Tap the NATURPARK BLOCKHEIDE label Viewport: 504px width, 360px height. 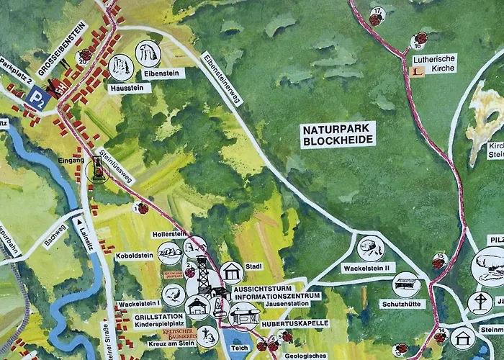click(338, 135)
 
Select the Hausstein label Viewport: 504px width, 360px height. click(130, 88)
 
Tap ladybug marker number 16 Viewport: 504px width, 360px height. click(420, 39)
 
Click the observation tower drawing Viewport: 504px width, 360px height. click(204, 275)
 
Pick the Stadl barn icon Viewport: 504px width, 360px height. click(231, 271)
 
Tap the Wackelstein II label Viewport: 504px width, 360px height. click(369, 268)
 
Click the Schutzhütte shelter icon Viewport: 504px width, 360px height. click(405, 284)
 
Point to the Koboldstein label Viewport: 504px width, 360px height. click(134, 256)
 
